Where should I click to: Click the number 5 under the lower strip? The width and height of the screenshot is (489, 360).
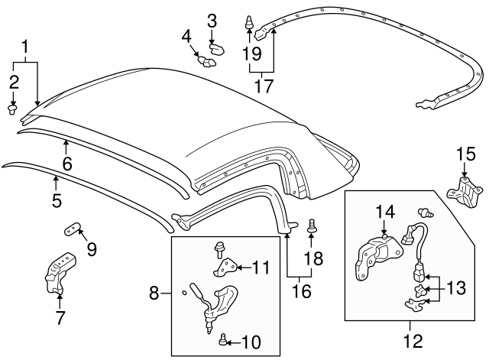tap(56, 203)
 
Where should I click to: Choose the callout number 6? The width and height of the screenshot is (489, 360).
tap(66, 164)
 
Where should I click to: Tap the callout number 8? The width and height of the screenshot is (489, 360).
tap(154, 292)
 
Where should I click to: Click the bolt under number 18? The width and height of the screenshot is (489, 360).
tap(311, 227)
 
